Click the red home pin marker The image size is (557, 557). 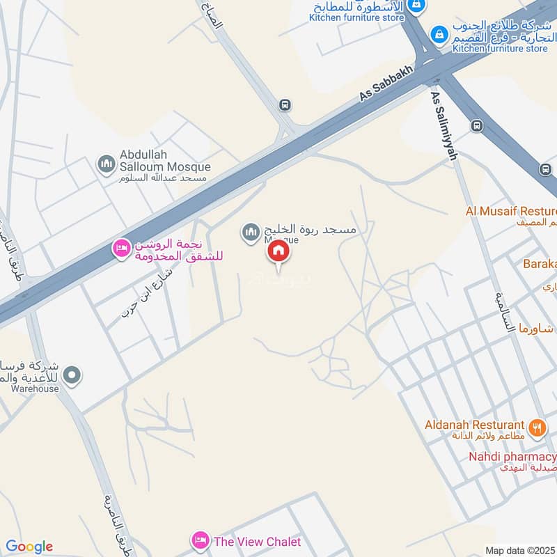(278, 251)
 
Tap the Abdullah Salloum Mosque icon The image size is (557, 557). (106, 164)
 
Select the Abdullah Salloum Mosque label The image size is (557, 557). (164, 161)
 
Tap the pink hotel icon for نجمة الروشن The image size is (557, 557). (122, 248)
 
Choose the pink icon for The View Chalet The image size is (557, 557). (201, 540)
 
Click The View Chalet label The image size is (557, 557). (257, 541)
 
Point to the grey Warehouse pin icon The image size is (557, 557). (72, 377)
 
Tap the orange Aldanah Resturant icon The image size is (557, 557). (536, 427)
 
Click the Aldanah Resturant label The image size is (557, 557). (475, 424)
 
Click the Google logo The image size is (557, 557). (29, 547)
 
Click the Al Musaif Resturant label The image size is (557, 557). (512, 210)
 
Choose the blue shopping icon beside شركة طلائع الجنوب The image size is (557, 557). (439, 33)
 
